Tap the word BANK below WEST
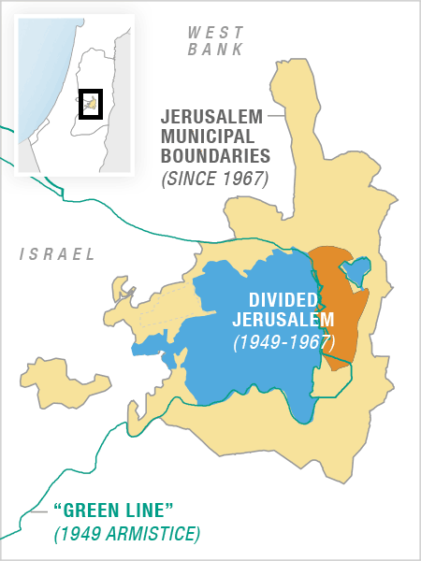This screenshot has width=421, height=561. [x=215, y=50]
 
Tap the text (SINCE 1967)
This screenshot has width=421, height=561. [x=214, y=177]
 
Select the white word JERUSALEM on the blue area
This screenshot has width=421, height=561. [x=283, y=321]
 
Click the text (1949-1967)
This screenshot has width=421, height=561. [x=283, y=342]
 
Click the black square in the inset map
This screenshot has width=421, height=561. [x=90, y=104]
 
